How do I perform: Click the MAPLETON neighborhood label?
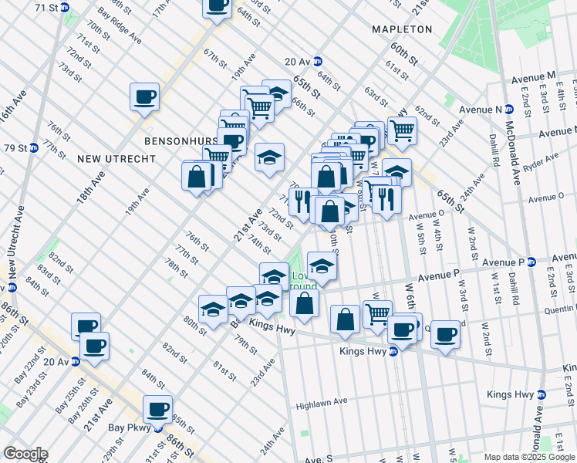point(402,29)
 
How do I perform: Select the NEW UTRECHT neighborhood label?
point(116,159)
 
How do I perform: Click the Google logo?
point(25,454)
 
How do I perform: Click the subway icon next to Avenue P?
point(532,262)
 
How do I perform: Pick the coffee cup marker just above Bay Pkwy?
point(158,409)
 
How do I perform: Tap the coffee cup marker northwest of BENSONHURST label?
point(144,97)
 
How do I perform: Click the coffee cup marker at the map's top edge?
point(217,6)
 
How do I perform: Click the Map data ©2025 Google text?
point(528,457)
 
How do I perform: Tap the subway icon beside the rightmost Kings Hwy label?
point(541,394)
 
